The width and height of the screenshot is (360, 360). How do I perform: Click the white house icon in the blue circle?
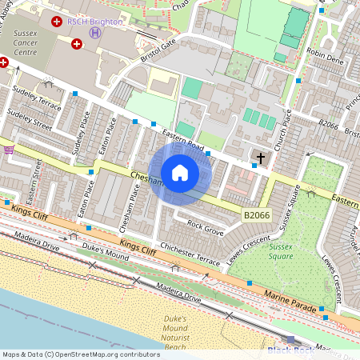pyautogui.click(x=180, y=173)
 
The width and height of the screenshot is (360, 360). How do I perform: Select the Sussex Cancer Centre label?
pyautogui.click(x=25, y=42)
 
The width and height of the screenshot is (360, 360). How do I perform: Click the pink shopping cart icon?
pyautogui.click(x=9, y=150)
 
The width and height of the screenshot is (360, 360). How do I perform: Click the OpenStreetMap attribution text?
pyautogui.click(x=81, y=354)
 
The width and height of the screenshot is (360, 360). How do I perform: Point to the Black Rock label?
pyautogui.click(x=291, y=350)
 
